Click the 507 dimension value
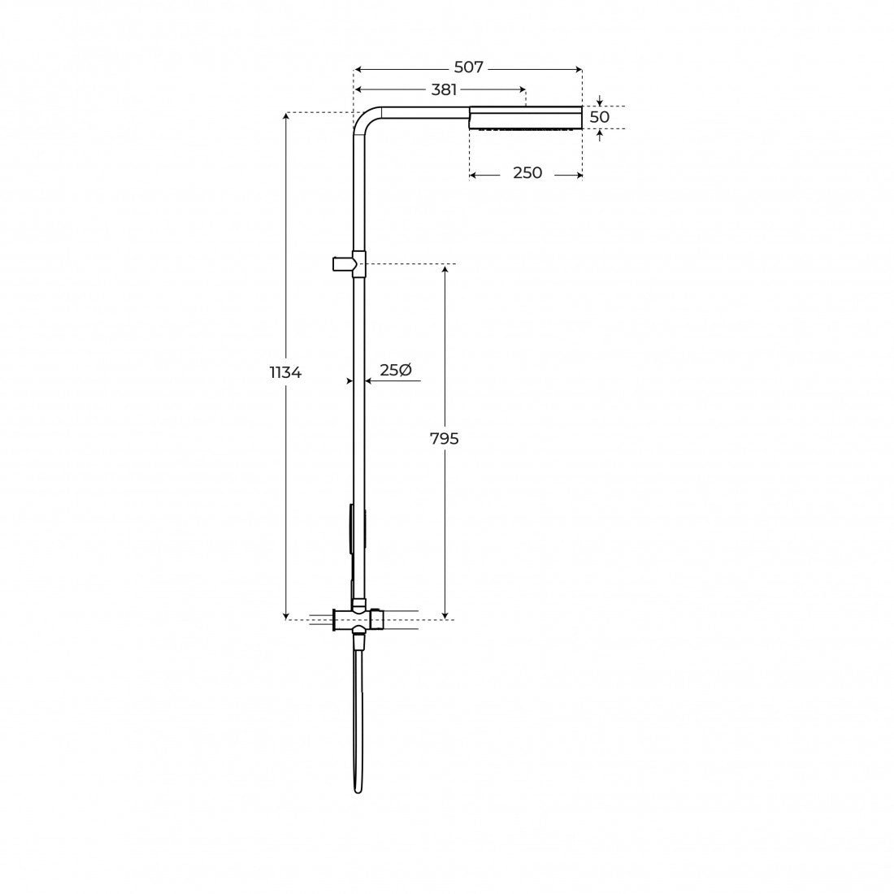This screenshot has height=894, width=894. coord(469,67)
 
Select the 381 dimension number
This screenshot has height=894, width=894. coord(444,89)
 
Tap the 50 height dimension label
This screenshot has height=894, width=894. coord(599,117)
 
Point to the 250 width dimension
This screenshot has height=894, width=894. coord(527,172)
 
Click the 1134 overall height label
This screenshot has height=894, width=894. coord(285,372)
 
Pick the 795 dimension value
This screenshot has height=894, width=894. coord(444,438)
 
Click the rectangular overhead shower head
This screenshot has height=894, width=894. coord(526,118)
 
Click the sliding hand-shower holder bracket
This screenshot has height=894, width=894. coord(349,264)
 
